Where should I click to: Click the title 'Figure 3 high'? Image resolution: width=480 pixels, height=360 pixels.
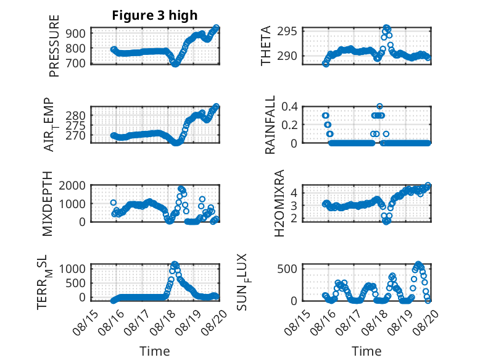coord(155,15)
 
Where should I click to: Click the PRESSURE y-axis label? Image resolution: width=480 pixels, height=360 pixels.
coord(54,46)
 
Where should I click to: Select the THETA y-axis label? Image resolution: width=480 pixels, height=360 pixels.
coord(266,46)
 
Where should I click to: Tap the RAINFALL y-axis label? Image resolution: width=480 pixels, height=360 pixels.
coord(270,125)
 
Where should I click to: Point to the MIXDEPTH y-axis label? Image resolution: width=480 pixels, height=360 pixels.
coord(48,204)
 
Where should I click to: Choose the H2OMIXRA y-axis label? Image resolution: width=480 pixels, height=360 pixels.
coord(279,203)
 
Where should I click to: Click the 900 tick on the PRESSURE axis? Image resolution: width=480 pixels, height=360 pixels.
coord(77,33)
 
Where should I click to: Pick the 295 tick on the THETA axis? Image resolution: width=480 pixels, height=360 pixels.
coord(287,31)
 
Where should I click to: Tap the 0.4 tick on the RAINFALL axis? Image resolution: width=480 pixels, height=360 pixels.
coord(289,107)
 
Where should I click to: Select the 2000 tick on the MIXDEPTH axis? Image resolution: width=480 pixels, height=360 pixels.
coord(72,185)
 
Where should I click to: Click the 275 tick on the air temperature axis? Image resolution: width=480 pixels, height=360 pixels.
coord(76,125)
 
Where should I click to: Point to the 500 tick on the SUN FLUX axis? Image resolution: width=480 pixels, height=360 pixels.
coord(287,269)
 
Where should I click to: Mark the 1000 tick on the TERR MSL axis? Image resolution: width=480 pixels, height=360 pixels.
coord(72,269)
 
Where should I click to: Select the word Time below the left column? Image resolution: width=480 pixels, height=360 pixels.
coord(155,351)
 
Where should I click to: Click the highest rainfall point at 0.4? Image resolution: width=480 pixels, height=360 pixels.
coord(379,106)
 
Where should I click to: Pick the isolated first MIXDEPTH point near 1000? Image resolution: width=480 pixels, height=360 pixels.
coord(114,203)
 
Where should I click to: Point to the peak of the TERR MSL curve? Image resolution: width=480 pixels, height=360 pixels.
coord(175,264)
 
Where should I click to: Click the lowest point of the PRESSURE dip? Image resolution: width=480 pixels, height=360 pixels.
coord(175,64)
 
